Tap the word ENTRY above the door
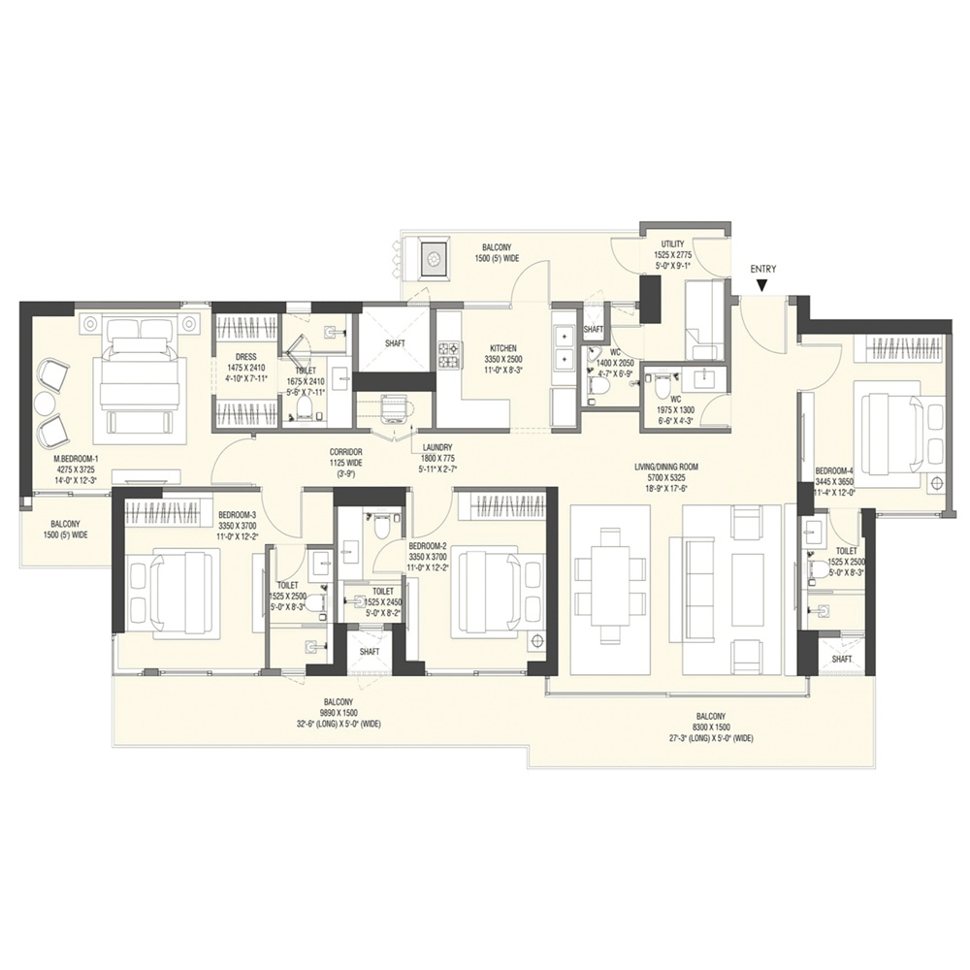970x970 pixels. click(x=763, y=269)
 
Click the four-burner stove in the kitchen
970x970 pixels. click(x=450, y=356)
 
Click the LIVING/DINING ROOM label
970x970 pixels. click(x=665, y=466)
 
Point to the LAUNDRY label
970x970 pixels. click(x=436, y=447)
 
